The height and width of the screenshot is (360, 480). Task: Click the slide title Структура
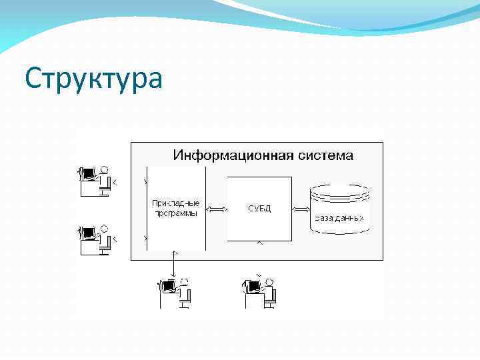point(93,79)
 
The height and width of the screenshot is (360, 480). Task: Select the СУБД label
point(259,209)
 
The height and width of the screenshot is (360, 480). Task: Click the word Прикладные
point(175,203)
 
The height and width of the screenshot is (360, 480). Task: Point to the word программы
point(175,213)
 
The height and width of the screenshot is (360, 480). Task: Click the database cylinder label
point(339,218)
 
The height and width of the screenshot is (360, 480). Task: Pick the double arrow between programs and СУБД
point(217,209)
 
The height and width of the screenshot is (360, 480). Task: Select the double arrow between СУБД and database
point(301,209)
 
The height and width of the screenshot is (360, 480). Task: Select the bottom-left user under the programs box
point(175,293)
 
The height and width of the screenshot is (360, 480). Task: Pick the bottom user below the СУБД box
point(259,293)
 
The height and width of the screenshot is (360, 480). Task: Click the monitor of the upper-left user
point(85,174)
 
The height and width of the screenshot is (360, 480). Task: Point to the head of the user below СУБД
point(269,282)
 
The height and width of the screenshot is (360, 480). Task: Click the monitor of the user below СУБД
point(252,287)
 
